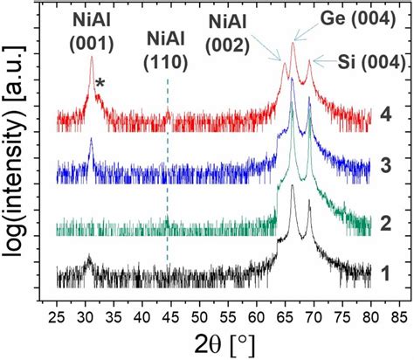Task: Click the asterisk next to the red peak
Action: (101, 83)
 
